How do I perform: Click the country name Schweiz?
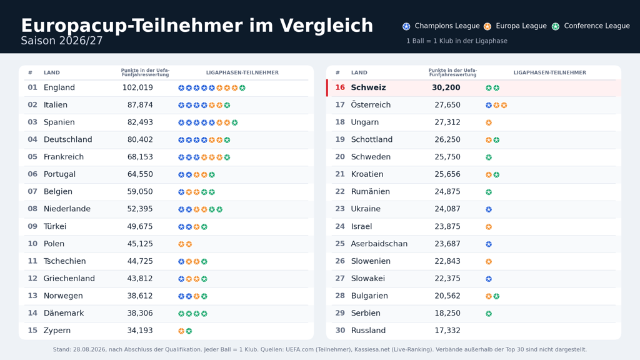coord(368,87)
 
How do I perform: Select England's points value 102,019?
coord(137,87)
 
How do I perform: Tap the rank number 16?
coord(340,87)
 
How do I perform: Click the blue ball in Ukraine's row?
coord(489,209)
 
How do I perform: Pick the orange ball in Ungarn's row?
coord(489,122)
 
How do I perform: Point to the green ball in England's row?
coord(242,87)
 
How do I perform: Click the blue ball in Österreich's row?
coord(489,105)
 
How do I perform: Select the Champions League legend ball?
coord(406,26)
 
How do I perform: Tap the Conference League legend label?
coord(597,26)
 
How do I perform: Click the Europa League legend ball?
coord(487,26)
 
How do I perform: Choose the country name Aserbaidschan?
coord(379,244)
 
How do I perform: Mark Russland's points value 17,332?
coord(447,330)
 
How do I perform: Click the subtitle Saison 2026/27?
coord(62,41)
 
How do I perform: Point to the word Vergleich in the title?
coord(326,26)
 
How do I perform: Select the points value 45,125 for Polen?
coord(140,244)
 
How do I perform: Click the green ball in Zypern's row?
coord(189,331)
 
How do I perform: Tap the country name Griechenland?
coord(69,278)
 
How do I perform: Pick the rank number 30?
coord(340,330)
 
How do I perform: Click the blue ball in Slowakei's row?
coord(489,279)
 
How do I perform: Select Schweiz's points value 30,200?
coord(446,87)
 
